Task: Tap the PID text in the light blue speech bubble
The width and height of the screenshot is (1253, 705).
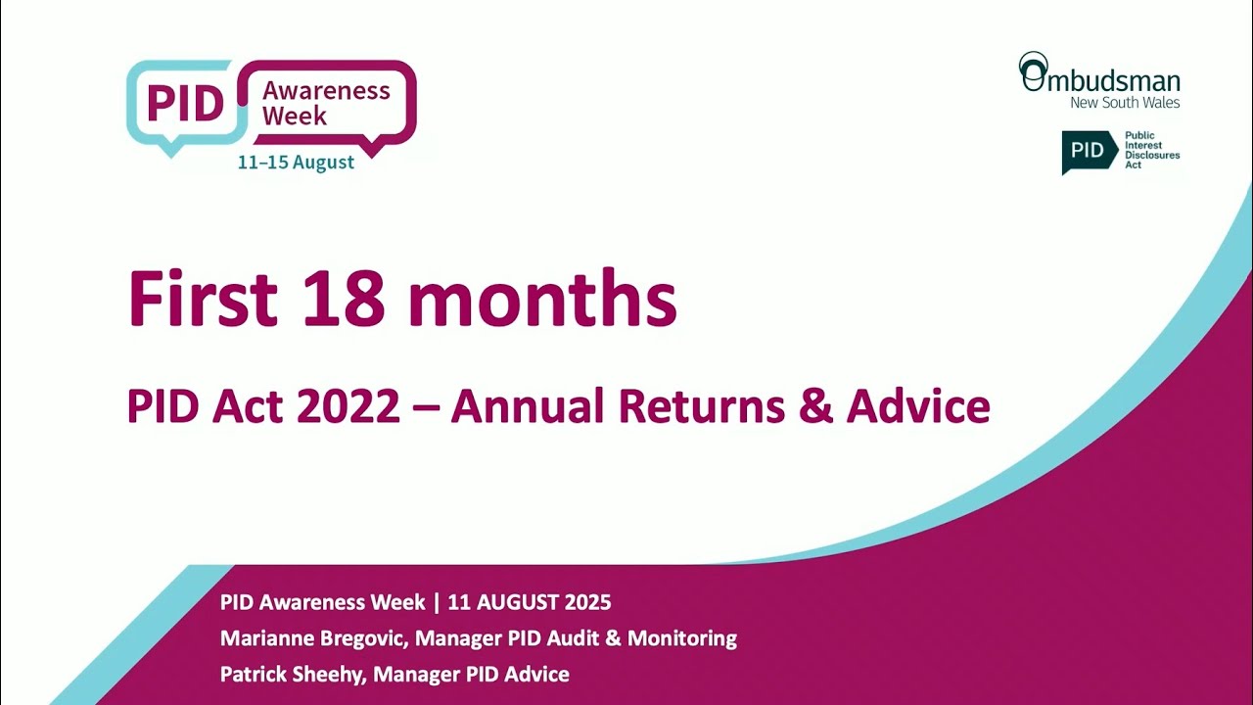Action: pos(186,103)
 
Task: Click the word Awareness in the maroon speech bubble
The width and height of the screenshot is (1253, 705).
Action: pos(326,91)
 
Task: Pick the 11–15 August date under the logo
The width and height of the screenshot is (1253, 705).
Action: pos(296,163)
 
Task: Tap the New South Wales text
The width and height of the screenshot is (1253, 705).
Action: pos(1125,103)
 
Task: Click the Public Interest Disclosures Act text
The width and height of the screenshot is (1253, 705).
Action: pos(1152,150)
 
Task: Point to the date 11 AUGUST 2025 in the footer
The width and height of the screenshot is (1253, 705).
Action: pos(529,602)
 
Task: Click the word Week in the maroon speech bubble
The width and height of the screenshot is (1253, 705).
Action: pos(295,116)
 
